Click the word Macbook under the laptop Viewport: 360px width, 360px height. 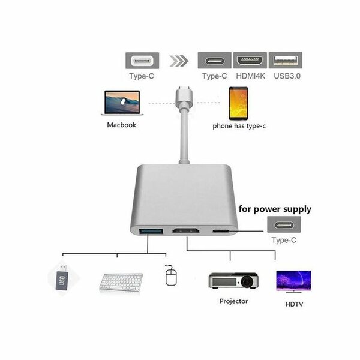click(x=122, y=125)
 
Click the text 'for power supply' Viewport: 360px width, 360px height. click(x=275, y=209)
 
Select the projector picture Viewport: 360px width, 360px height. click(x=233, y=280)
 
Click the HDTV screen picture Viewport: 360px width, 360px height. click(x=293, y=281)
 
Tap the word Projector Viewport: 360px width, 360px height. click(x=233, y=301)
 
